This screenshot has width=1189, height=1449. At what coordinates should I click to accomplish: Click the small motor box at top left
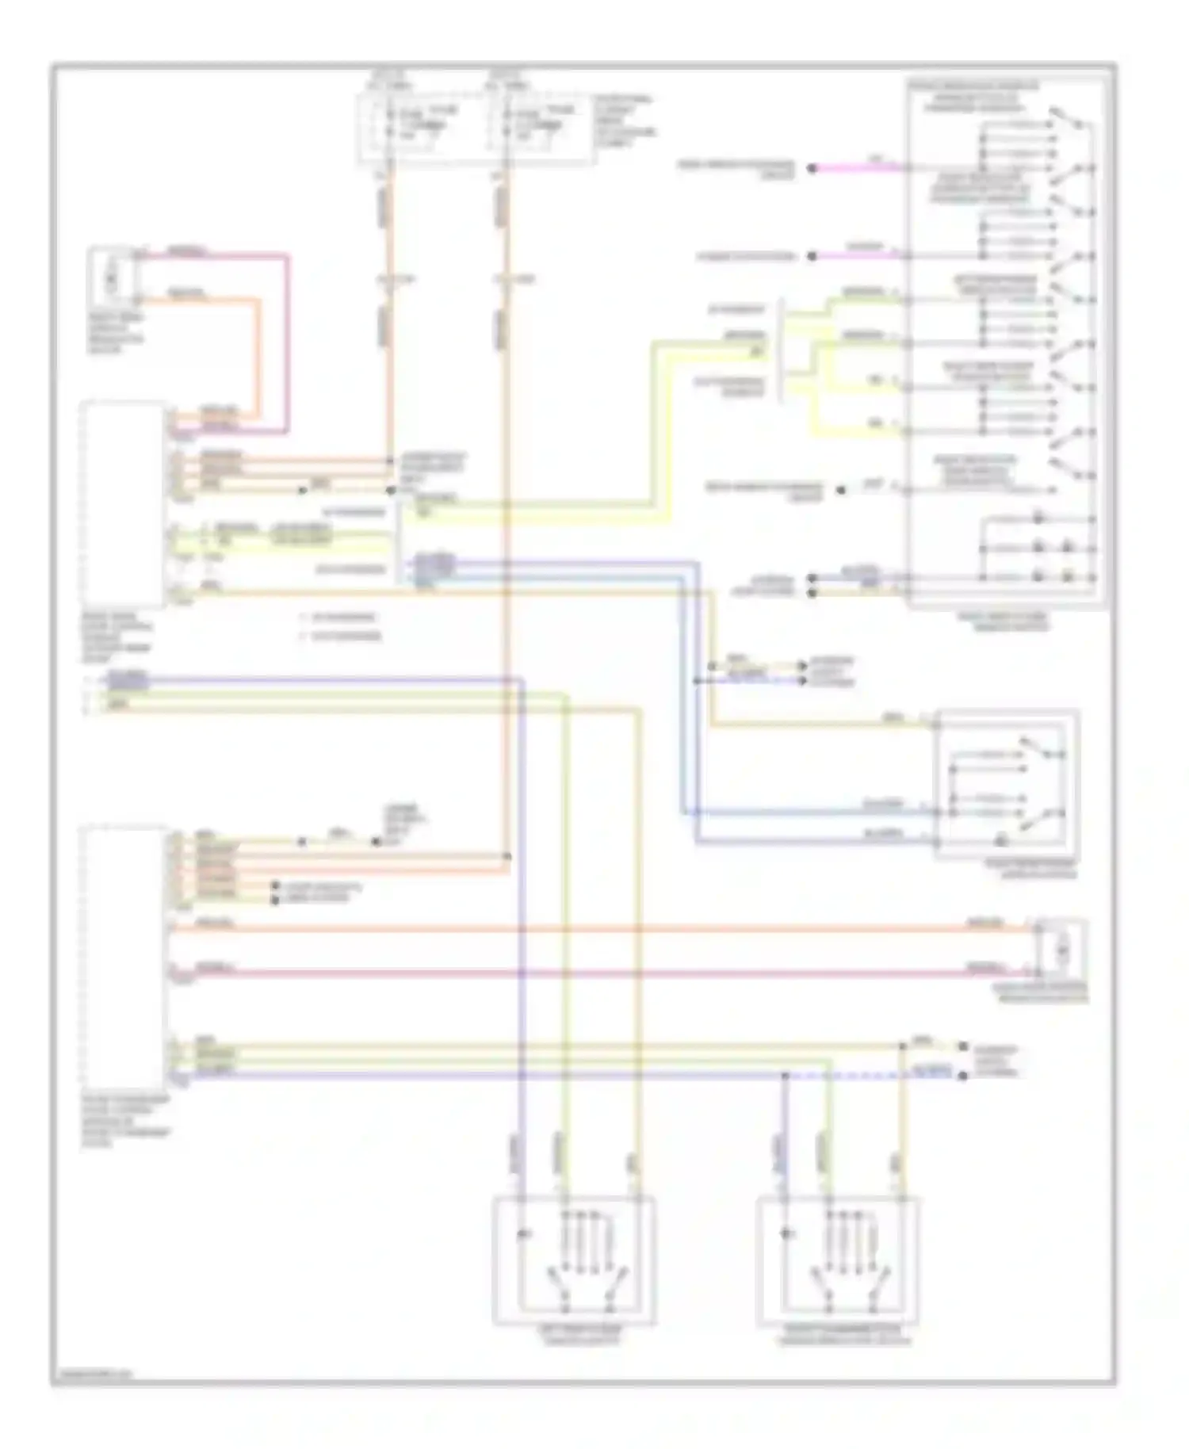112,275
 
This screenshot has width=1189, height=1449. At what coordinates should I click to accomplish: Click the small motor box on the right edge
1062,948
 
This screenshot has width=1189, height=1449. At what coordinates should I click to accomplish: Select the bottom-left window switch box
574,1260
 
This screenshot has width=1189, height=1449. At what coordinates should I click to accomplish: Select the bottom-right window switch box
838,1260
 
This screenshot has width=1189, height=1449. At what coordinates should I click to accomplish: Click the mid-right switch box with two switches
1007,783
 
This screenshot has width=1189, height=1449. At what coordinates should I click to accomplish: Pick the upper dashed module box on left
123,504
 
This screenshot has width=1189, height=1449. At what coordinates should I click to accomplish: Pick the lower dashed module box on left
123,955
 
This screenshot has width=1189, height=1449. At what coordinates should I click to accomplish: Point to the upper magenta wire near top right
856,168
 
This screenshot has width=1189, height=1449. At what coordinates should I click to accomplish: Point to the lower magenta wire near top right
856,256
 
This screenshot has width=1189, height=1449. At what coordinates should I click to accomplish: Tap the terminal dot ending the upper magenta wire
812,168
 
